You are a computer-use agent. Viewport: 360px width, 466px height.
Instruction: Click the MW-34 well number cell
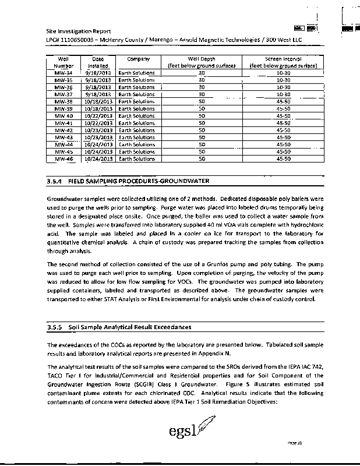pos(63,73)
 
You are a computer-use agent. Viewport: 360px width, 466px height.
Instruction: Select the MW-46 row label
pos(63,158)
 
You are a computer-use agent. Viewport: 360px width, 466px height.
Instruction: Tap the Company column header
pos(138,59)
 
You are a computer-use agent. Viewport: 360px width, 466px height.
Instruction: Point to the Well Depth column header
pos(201,59)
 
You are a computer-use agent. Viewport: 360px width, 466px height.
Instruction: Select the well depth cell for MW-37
pos(202,94)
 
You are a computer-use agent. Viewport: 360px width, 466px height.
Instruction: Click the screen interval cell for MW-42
pos(284,130)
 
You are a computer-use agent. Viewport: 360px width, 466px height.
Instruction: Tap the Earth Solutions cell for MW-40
pos(136,116)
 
